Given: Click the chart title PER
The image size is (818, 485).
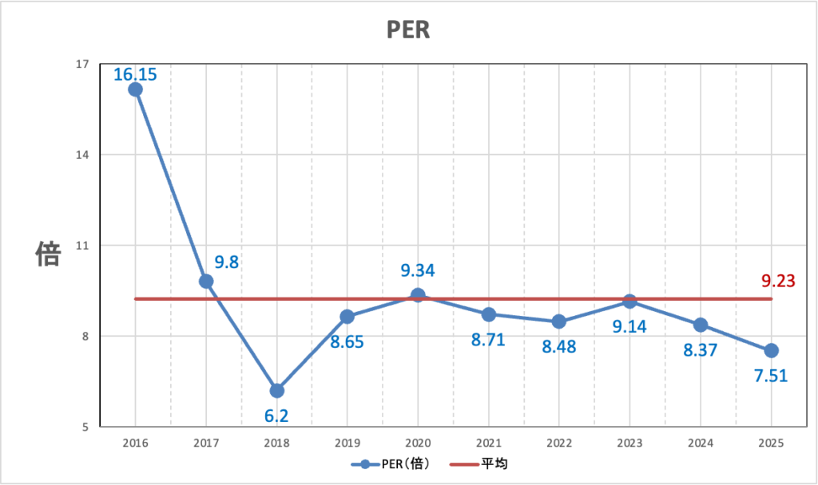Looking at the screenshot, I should tap(408, 30).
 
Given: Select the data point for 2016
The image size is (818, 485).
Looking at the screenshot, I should tap(135, 89).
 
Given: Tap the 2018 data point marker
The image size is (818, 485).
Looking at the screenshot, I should tap(276, 390).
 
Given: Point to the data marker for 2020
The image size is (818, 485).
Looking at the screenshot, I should tap(418, 295).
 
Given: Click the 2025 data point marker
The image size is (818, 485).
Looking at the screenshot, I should tap(771, 350).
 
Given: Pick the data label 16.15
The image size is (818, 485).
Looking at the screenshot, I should tap(135, 75).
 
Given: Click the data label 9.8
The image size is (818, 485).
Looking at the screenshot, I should tap(226, 262).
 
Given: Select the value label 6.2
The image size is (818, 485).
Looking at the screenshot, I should tap(276, 416).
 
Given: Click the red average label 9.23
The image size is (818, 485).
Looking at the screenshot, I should tap(777, 281).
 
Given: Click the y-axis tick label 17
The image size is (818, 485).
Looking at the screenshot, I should tap(82, 64).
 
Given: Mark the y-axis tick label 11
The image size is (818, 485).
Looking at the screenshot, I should tap(82, 246).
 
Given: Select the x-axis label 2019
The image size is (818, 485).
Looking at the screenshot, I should tap(347, 442).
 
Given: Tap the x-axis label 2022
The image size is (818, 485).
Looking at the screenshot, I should tap(559, 442).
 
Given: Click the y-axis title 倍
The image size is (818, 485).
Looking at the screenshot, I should tap(48, 254).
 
